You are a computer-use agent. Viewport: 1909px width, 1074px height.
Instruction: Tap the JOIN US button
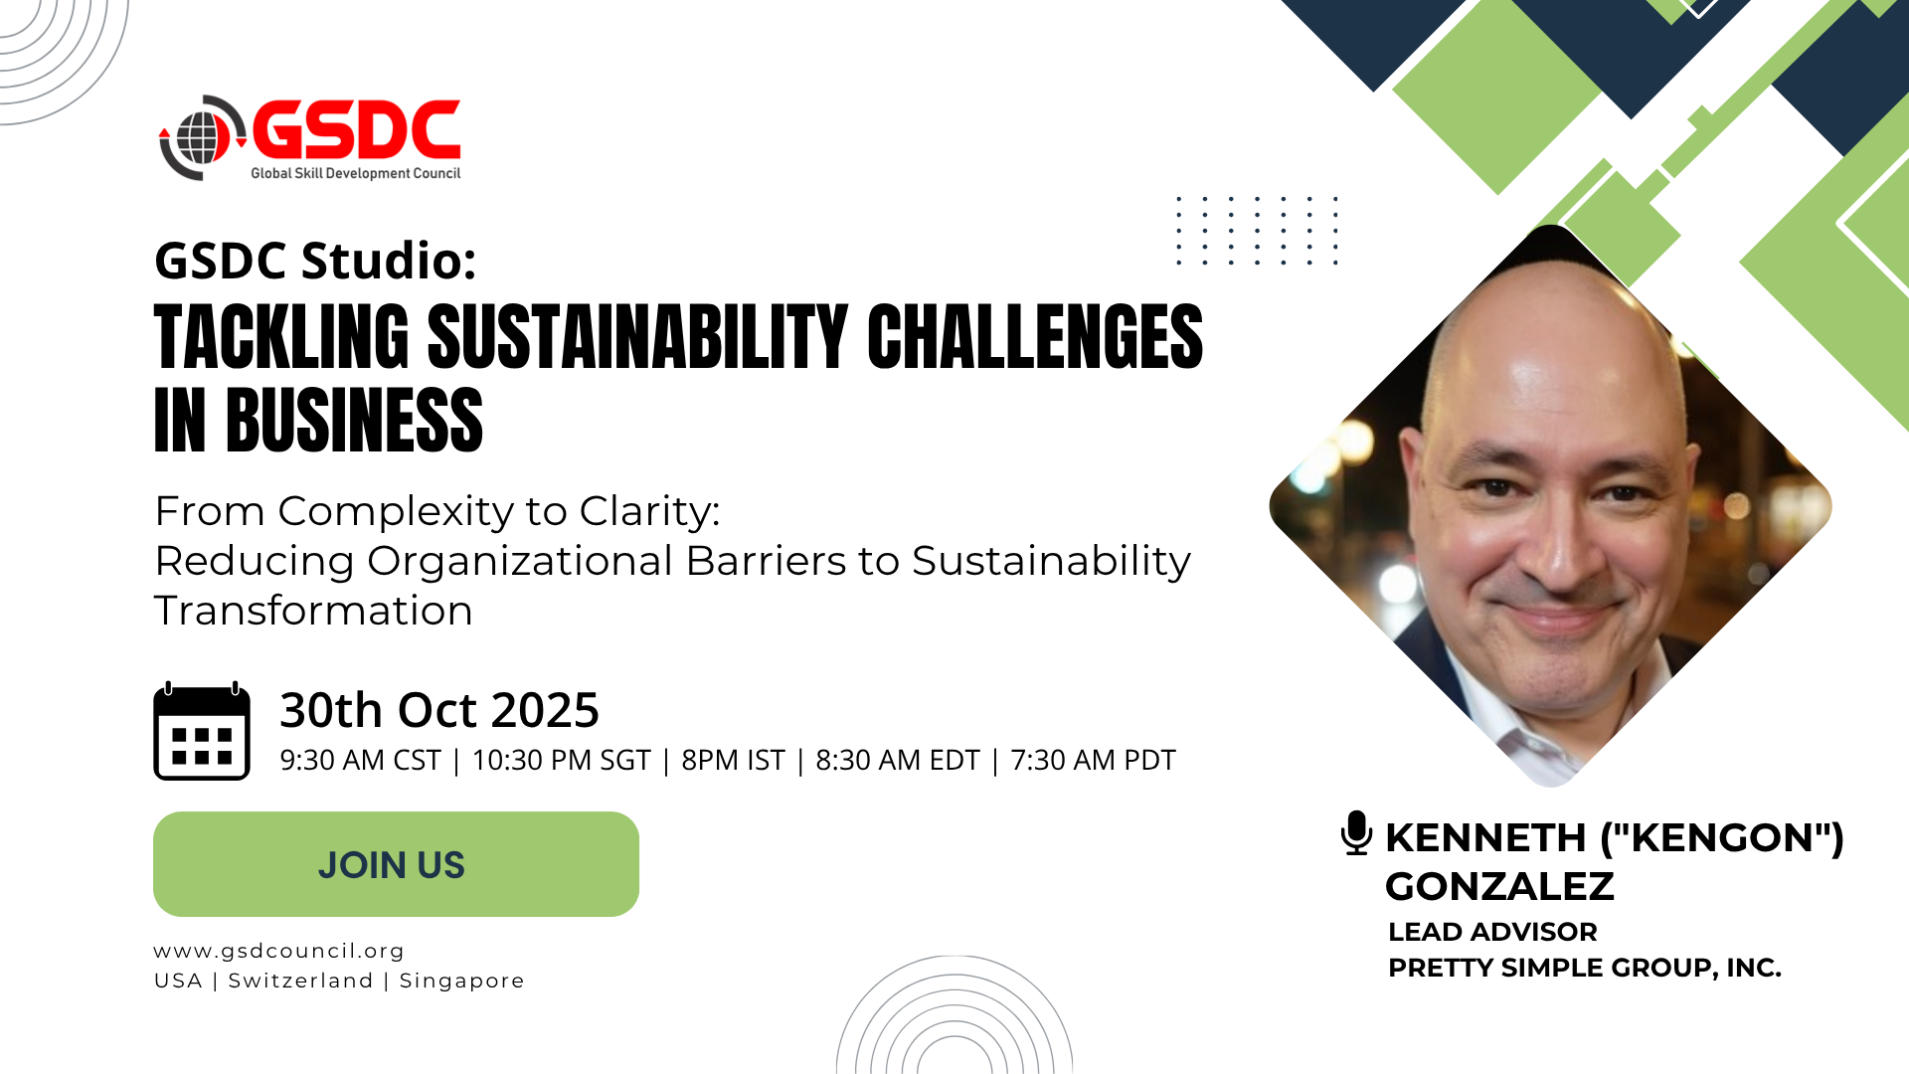coord(396,864)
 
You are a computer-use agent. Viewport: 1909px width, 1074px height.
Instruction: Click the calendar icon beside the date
coord(202,731)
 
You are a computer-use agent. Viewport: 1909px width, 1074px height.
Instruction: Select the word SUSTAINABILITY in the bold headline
coord(637,337)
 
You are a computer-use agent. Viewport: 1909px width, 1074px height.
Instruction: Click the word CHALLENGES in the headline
coord(1035,337)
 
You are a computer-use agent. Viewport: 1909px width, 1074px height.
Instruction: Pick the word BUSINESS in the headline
coord(355,421)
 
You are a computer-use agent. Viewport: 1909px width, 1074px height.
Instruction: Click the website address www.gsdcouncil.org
coord(279,952)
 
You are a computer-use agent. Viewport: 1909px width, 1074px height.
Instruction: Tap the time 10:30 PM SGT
coord(561,760)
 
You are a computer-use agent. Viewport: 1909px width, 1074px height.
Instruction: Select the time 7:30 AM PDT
coord(1093,760)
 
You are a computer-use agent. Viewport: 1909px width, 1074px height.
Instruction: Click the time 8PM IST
coord(733,760)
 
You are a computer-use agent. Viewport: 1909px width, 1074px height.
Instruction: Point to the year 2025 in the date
coord(545,710)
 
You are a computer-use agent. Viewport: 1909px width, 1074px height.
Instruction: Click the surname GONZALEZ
coord(1499,886)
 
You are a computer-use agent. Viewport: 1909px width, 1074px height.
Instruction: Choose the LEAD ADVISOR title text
coord(1492,932)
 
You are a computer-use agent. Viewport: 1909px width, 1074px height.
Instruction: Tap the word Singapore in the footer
coord(461,981)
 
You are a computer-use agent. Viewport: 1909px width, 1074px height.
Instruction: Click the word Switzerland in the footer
coord(300,981)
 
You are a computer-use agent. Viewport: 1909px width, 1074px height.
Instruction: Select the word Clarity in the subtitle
coord(649,511)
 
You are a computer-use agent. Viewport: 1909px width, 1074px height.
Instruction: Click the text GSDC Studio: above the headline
coord(315,261)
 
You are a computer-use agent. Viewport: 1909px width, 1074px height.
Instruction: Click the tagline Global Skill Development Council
coord(355,173)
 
